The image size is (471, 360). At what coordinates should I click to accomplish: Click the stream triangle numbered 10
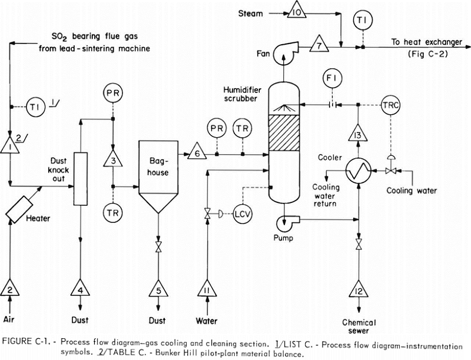coord(297,12)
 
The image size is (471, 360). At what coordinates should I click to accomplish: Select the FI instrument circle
coord(333,79)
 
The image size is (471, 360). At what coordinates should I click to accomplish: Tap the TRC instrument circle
coord(390,105)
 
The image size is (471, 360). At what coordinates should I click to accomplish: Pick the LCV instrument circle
coord(243,214)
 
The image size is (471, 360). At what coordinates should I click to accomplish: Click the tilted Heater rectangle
coord(19,209)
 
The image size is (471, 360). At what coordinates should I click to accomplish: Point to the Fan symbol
coord(286,54)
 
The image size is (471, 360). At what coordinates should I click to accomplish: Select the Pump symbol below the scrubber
coord(287,222)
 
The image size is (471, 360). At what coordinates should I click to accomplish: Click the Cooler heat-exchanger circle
coord(359,171)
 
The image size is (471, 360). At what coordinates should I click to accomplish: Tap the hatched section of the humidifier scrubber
coord(284,133)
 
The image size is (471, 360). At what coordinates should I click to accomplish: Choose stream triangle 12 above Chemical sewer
coord(359,289)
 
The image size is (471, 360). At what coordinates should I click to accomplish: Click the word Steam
coord(251,14)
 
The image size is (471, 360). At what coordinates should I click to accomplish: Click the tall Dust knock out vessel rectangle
coord(81,179)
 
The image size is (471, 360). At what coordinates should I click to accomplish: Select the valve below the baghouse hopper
coord(158,246)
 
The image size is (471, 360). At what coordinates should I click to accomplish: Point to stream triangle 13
coord(358,134)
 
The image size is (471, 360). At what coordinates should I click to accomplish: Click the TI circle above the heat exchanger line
coord(363,20)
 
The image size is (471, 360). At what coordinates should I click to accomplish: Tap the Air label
coord(9,319)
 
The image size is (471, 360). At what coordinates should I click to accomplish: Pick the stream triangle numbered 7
coord(319,45)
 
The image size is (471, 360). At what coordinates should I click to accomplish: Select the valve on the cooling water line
coord(391,171)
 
